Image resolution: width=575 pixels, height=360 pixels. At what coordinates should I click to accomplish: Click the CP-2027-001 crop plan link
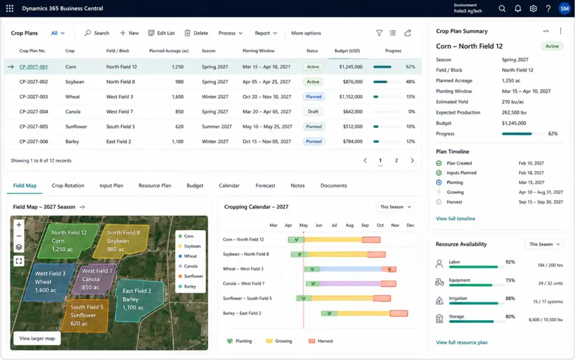[33, 67]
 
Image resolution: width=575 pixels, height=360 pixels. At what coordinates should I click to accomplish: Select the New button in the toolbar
[129, 33]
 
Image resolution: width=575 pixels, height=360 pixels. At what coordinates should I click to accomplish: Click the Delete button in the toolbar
[196, 33]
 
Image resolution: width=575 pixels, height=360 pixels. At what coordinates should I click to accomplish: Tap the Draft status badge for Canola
[313, 111]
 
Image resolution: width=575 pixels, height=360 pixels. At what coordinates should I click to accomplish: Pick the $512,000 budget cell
[353, 126]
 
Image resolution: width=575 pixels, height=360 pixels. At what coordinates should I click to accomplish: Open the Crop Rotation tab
[68, 185]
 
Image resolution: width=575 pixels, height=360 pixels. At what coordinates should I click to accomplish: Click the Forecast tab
[265, 185]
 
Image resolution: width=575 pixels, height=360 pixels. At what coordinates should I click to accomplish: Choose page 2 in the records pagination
[396, 160]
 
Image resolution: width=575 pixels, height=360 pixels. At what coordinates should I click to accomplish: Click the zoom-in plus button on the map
[19, 225]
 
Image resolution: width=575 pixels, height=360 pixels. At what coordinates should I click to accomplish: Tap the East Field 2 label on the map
[137, 291]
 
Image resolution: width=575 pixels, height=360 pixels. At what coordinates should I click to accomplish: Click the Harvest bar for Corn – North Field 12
[371, 240]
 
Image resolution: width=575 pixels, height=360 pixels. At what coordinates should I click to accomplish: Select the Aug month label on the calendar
[349, 225]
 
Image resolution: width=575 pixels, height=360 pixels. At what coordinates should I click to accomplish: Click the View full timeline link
[455, 218]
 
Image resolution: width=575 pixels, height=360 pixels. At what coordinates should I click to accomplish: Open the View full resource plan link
[462, 343]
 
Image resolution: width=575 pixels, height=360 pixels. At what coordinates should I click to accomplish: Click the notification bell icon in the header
[518, 8]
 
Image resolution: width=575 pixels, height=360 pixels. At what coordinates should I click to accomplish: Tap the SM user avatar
[565, 8]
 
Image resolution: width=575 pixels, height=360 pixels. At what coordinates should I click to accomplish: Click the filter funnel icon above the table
[379, 33]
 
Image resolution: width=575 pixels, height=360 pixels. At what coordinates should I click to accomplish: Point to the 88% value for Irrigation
[510, 298]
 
